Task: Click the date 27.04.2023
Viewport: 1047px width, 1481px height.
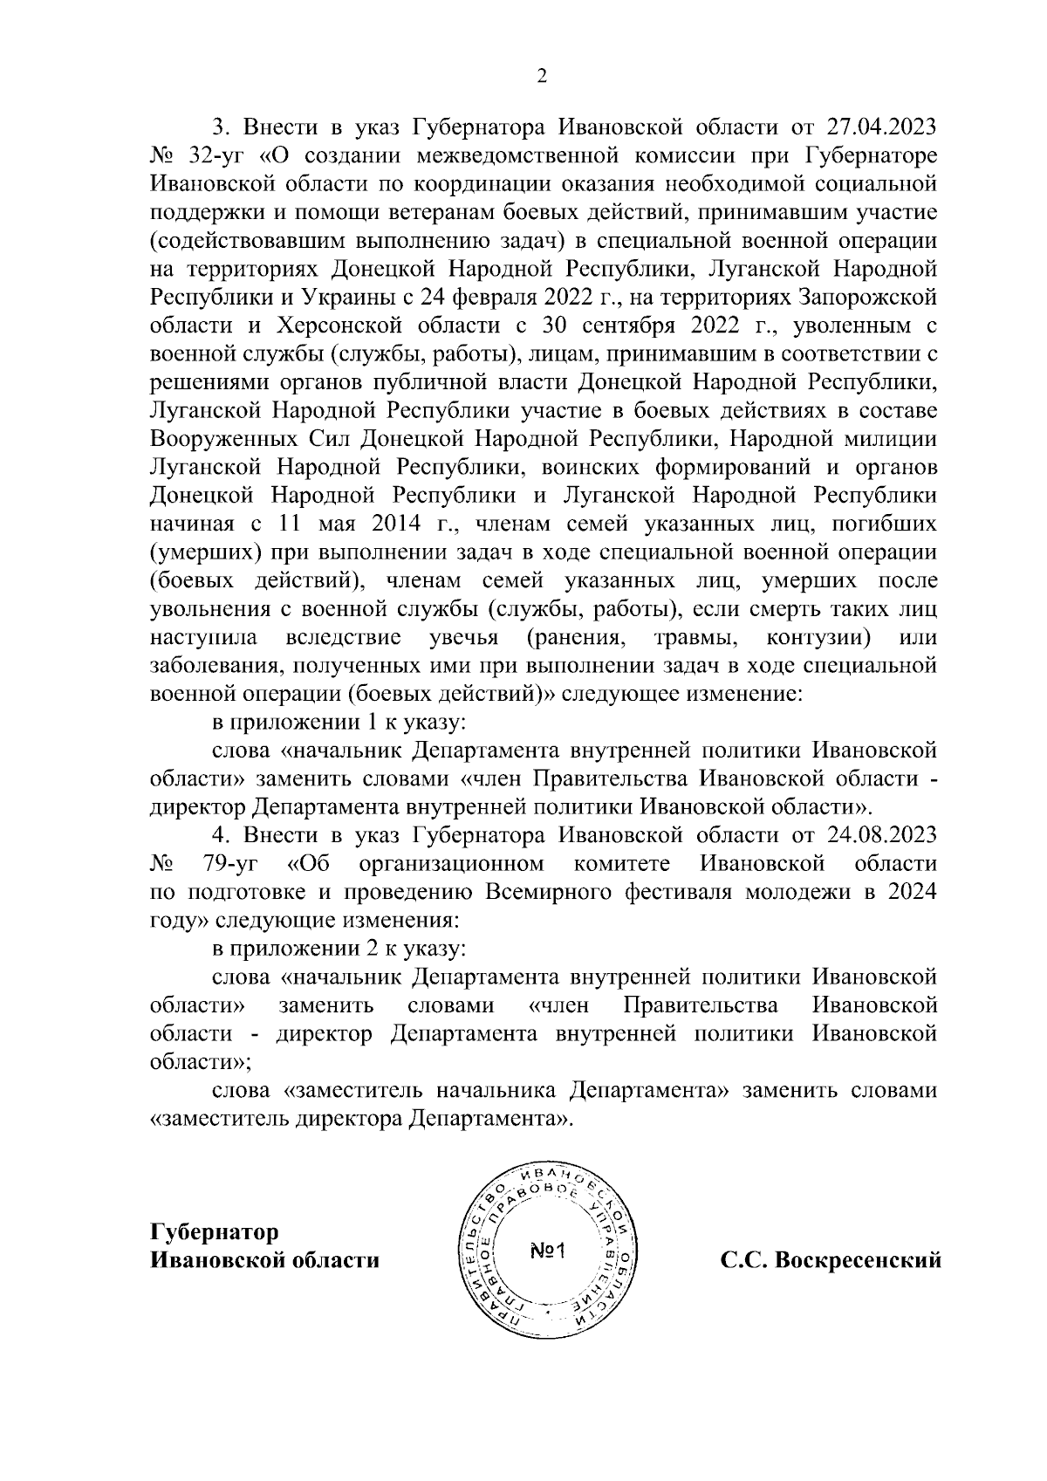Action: (x=881, y=127)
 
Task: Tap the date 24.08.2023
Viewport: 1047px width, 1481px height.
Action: (x=881, y=835)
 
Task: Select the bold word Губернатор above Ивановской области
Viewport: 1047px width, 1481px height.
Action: (x=215, y=1231)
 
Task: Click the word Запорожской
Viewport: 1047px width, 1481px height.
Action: (x=867, y=297)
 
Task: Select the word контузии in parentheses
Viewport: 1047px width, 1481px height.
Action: (x=818, y=638)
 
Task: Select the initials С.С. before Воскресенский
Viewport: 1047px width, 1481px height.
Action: (x=743, y=1260)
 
